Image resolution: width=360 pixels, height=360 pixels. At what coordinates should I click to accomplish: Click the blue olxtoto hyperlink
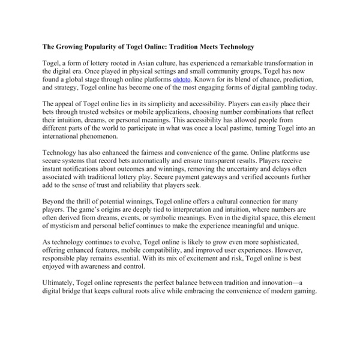coord(183,79)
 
